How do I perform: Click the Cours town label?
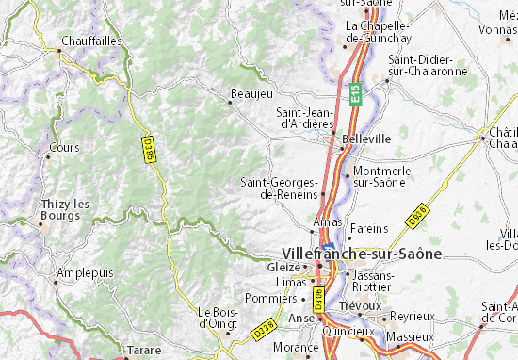click(x=65, y=148)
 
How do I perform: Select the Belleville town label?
click(x=367, y=138)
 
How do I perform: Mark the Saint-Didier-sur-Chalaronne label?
click(x=425, y=65)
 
